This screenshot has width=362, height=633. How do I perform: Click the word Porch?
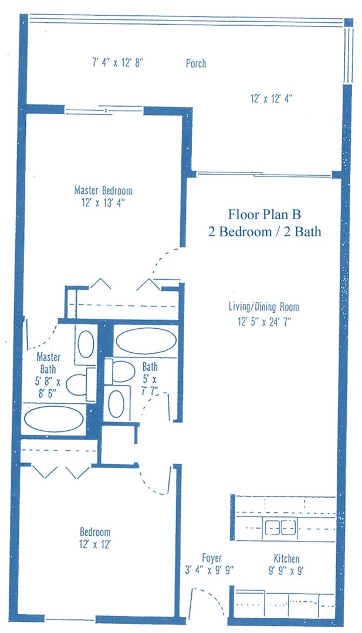pyautogui.click(x=196, y=63)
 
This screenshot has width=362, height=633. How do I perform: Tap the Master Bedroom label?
pyautogui.click(x=103, y=190)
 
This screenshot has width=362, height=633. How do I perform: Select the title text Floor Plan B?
pyautogui.click(x=265, y=213)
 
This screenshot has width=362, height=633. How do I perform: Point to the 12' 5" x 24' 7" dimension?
pyautogui.click(x=265, y=322)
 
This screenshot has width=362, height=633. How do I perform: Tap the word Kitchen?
pyautogui.click(x=286, y=559)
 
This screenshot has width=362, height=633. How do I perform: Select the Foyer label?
pyautogui.click(x=212, y=559)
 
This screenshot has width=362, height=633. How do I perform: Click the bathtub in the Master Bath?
pyautogui.click(x=54, y=418)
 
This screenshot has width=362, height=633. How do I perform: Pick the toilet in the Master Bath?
pyautogui.click(x=77, y=384)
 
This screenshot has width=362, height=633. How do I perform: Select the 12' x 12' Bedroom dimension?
pyautogui.click(x=95, y=544)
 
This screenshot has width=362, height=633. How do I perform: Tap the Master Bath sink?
pyautogui.click(x=86, y=344)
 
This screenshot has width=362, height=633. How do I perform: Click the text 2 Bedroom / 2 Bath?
pyautogui.click(x=265, y=232)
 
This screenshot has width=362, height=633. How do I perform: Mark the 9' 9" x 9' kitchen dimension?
pyautogui.click(x=286, y=571)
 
